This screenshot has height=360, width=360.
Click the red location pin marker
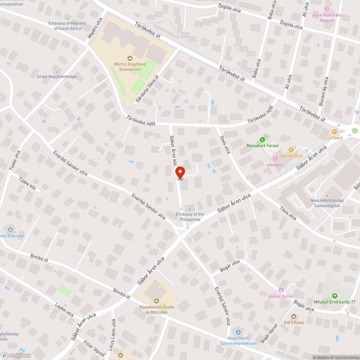180,172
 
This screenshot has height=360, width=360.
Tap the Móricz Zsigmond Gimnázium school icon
130,58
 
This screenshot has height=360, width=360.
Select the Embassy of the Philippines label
190,216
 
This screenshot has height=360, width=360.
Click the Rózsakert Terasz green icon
262,140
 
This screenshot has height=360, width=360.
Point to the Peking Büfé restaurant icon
292,150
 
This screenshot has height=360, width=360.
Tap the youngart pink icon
275,158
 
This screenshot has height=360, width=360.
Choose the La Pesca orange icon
334,132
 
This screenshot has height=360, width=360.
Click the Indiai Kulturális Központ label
327,18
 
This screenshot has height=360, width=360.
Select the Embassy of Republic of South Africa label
68,26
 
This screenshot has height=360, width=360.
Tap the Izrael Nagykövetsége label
57,76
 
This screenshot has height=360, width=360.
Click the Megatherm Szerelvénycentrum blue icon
238,332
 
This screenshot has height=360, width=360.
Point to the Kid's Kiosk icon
293,316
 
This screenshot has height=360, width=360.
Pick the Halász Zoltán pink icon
281,290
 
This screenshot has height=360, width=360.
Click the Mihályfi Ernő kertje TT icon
335,296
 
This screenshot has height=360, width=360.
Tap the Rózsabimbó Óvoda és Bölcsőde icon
157,301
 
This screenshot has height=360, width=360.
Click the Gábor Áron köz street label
173,151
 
